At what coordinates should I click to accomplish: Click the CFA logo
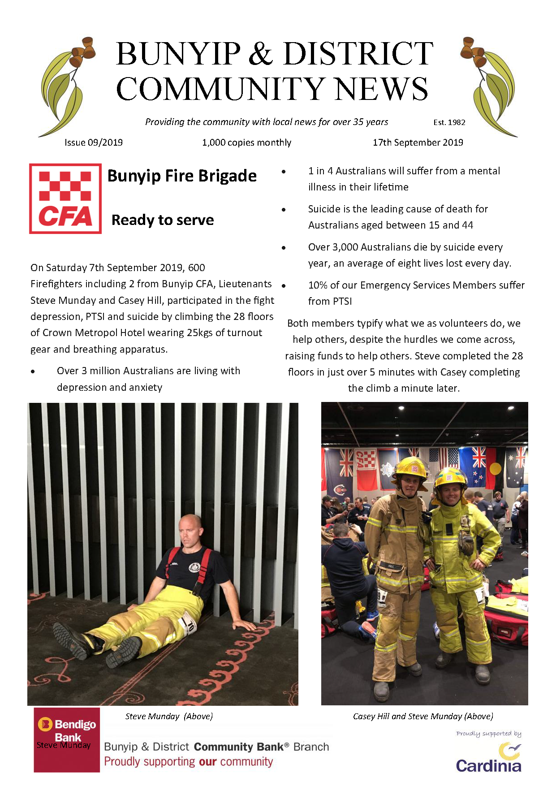tap(65, 199)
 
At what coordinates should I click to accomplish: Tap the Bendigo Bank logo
tap(67, 739)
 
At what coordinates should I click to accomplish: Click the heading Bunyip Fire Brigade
tap(182, 176)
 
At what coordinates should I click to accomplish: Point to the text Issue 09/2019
tap(94, 143)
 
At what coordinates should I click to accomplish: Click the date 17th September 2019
tap(418, 143)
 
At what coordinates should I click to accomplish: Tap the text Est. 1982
tap(449, 122)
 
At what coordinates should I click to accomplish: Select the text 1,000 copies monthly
tap(246, 143)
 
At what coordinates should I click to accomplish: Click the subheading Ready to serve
tap(163, 220)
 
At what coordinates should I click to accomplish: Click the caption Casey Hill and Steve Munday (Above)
tap(423, 716)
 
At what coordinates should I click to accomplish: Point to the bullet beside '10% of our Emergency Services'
tap(284, 285)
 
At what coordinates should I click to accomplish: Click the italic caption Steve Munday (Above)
tap(169, 716)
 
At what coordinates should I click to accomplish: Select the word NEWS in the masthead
tap(381, 89)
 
